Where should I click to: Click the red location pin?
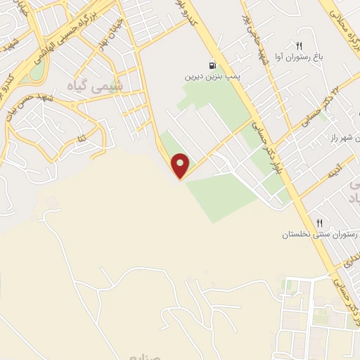(x=181, y=165)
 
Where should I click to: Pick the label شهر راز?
(x=338, y=141)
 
